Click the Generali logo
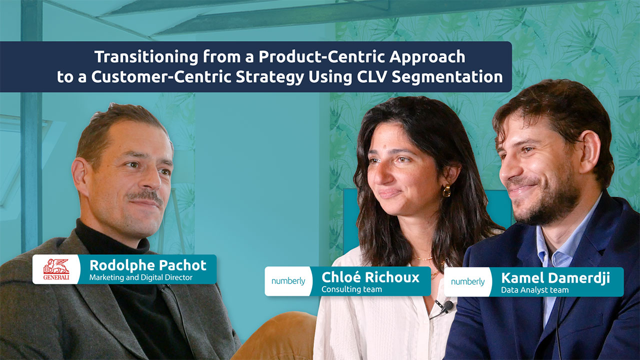click(56, 269)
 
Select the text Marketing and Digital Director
click(140, 277)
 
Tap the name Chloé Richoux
click(370, 277)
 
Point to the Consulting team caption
click(351, 289)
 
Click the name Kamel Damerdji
click(555, 277)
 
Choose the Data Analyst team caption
click(534, 289)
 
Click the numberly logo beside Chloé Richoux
click(288, 281)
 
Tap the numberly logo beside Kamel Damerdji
click(467, 281)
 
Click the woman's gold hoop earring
click(446, 190)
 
